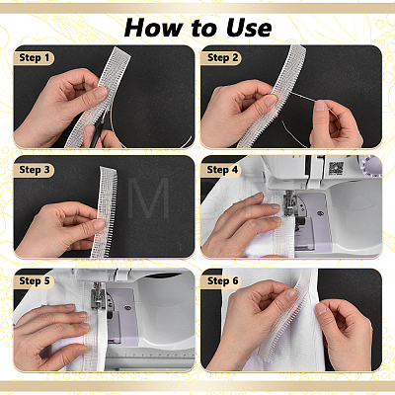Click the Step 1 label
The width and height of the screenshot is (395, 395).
tap(34, 58)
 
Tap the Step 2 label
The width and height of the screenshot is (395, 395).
tap(221, 58)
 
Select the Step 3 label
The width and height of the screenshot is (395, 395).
tap(34, 170)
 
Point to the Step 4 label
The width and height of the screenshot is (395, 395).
tap(221, 170)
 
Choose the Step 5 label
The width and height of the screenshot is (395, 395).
tap(34, 281)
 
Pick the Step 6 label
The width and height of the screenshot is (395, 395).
tap(221, 281)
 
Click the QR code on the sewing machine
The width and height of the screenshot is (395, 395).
tap(336, 169)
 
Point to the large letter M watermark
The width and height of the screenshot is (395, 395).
tap(148, 198)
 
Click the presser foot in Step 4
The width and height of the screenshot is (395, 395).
tap(289, 203)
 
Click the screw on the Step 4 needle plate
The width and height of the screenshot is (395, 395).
tap(319, 214)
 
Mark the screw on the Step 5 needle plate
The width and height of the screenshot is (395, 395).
tap(127, 308)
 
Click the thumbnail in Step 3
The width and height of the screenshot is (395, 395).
tap(98, 224)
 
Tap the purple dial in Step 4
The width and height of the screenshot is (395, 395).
tap(371, 165)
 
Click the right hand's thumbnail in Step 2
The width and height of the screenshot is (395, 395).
tap(320, 106)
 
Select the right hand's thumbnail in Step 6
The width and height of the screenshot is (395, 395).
tap(321, 308)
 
